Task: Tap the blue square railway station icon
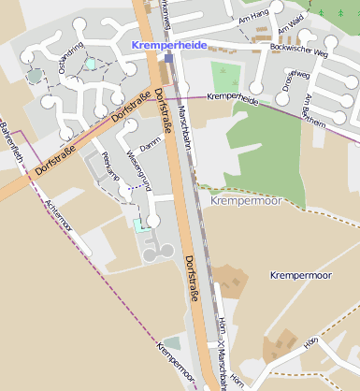168,57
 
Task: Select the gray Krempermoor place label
245,200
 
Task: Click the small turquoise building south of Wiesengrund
140,225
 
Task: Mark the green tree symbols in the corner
340,9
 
